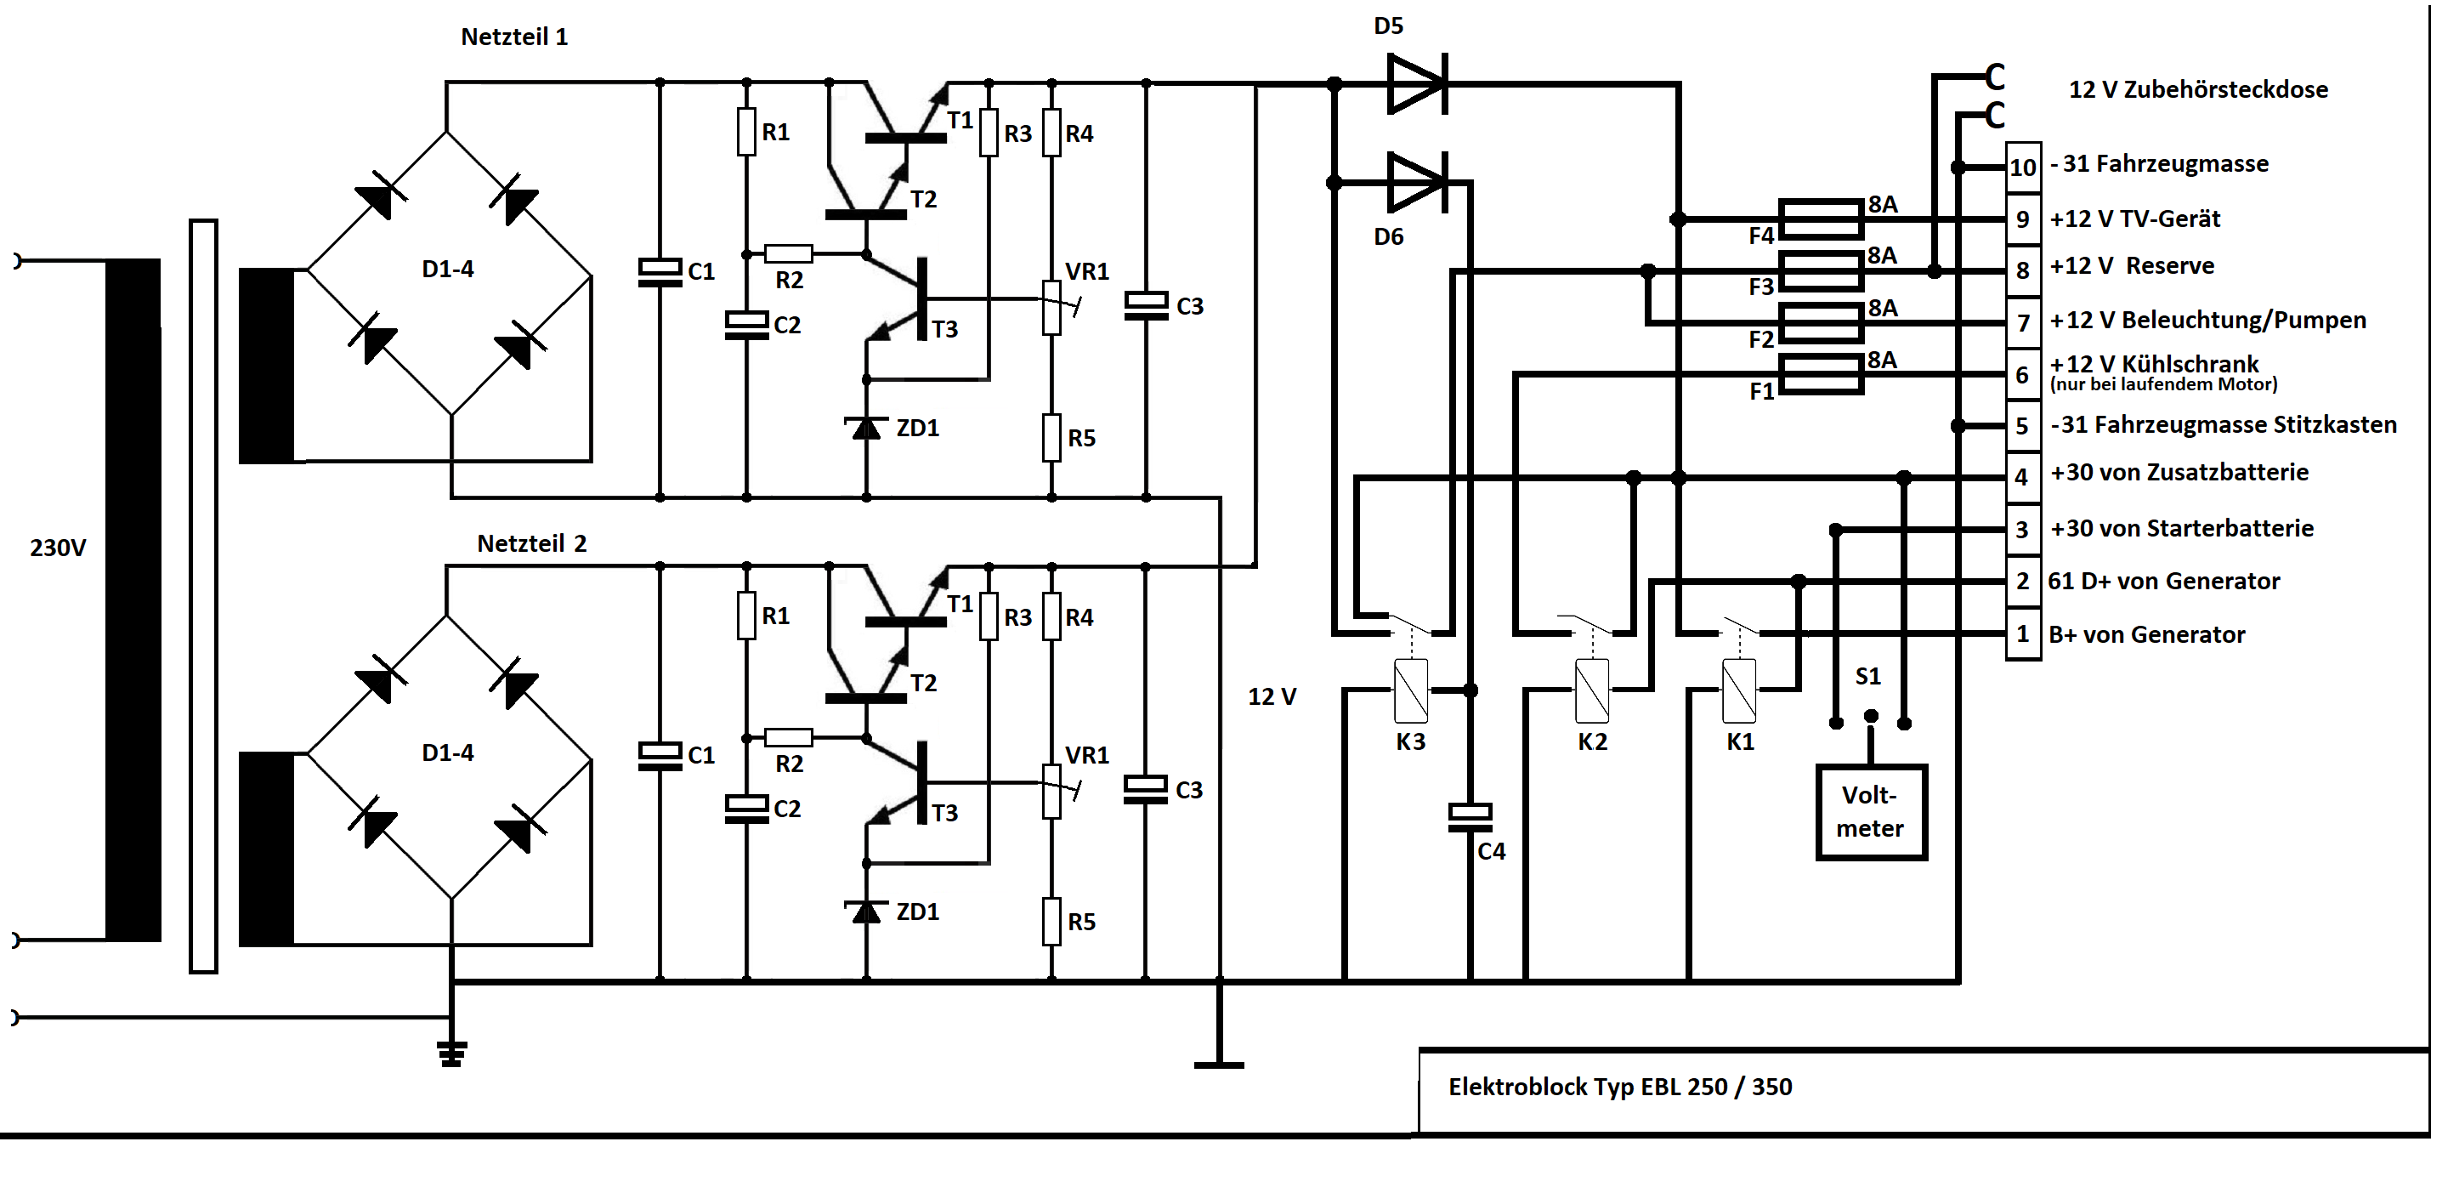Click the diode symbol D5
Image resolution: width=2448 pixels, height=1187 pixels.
pos(1416,84)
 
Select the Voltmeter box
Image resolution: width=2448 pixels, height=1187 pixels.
pos(1870,813)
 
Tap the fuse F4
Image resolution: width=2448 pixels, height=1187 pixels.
pos(1820,219)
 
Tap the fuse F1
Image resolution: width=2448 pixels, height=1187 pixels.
pos(1820,374)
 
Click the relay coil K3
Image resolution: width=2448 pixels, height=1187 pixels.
pos(1411,691)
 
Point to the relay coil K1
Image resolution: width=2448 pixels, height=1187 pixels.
pos(1738,691)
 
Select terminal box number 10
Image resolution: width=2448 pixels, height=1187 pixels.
pos(2022,168)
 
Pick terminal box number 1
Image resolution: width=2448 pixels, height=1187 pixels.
pos(2022,634)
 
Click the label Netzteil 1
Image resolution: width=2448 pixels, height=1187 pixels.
pos(514,37)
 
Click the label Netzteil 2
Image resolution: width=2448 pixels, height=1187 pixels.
pos(531,543)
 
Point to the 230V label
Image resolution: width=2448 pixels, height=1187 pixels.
pos(58,548)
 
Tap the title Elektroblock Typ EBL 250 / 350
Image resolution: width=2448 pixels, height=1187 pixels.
pos(1619,1087)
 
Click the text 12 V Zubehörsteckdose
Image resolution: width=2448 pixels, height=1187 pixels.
pos(2197,89)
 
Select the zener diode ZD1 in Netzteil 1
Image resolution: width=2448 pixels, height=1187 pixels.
pos(866,428)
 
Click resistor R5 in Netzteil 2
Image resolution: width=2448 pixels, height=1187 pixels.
pos(1051,921)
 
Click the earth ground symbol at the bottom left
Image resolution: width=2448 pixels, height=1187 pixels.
pos(451,1053)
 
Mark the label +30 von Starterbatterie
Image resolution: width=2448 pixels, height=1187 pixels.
pos(2181,528)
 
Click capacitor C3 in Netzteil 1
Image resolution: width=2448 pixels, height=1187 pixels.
pos(1145,306)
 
